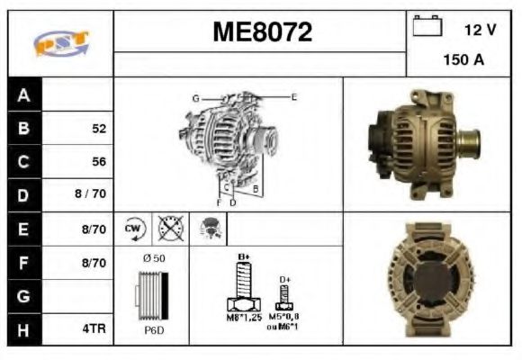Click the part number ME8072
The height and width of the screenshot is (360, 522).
click(262, 32)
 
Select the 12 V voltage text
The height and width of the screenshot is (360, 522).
click(480, 30)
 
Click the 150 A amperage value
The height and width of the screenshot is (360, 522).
click(463, 60)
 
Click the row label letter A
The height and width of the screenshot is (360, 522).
click(24, 94)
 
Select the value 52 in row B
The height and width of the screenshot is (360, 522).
click(99, 129)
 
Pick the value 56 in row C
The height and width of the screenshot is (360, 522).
click(99, 162)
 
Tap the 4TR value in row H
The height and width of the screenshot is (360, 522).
click(94, 328)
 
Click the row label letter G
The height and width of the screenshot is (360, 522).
click(24, 295)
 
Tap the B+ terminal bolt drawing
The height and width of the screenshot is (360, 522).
click(241, 288)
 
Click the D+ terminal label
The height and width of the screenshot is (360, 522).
click(285, 280)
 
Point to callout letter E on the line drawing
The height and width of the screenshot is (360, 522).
click(293, 95)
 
